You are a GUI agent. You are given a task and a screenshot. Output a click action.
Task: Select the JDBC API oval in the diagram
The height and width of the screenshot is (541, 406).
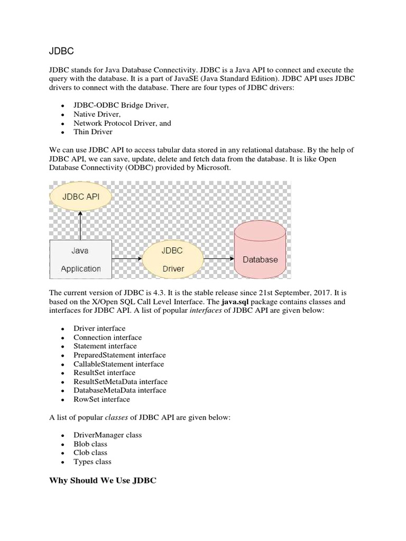point(81,197)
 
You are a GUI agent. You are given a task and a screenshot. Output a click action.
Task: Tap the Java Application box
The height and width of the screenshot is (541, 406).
point(80,259)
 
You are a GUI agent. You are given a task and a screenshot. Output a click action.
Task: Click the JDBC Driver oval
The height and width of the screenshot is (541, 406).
point(173,259)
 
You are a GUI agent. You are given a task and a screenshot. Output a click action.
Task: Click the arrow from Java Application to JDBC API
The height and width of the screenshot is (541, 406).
point(81,225)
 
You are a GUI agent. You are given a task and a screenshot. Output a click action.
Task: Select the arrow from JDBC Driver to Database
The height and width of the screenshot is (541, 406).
point(219,259)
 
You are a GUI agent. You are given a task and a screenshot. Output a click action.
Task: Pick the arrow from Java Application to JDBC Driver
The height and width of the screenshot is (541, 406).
point(127,259)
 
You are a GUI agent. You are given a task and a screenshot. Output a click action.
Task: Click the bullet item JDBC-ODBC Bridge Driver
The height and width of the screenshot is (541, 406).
point(121,106)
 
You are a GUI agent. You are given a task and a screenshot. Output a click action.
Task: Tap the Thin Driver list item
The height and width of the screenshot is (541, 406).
point(93,132)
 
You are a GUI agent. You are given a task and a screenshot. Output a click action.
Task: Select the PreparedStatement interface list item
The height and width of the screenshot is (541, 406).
point(119,355)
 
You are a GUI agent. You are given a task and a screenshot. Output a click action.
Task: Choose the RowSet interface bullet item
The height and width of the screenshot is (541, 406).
point(101,399)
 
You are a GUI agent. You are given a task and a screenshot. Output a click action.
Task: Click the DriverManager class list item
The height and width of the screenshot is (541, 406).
point(107,435)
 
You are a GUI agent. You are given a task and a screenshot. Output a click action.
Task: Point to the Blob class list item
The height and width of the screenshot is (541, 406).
point(90,444)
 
